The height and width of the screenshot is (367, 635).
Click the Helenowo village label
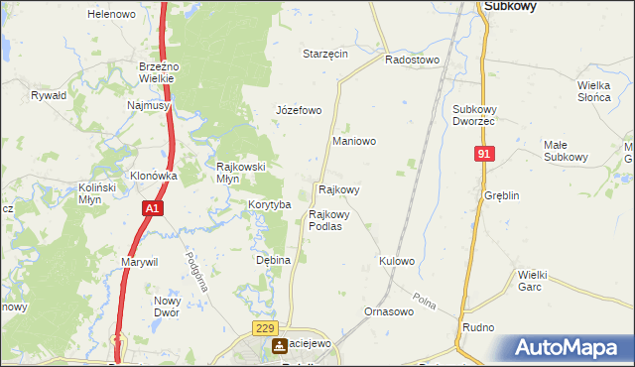111,14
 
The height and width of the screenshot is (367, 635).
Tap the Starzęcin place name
325,54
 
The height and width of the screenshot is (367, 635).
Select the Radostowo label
412,60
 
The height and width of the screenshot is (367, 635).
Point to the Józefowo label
299,110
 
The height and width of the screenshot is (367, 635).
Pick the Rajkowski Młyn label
241,173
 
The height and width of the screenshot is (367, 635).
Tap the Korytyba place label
269,204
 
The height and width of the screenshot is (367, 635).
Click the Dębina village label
273,260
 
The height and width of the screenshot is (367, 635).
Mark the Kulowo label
396,261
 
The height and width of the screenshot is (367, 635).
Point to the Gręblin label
501,195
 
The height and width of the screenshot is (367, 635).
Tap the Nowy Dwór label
167,306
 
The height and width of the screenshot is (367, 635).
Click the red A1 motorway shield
152,209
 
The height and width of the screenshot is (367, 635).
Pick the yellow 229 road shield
264,328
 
